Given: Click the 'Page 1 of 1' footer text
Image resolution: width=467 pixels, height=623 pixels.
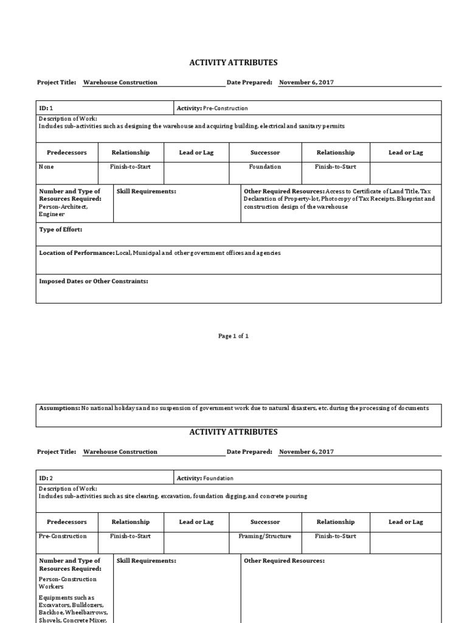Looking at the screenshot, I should tap(233, 336).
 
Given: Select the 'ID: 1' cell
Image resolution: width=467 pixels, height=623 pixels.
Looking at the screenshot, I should tap(46, 108).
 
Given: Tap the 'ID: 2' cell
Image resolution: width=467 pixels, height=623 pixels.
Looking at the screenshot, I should tap(46, 478).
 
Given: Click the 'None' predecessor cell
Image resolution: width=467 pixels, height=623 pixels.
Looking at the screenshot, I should tap(46, 167).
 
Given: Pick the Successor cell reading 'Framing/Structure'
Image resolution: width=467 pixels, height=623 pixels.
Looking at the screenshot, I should tap(265, 537).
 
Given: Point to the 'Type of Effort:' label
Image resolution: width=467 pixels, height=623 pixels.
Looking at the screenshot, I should tap(60, 229).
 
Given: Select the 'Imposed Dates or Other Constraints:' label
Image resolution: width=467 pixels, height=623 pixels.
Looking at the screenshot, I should tap(93, 282).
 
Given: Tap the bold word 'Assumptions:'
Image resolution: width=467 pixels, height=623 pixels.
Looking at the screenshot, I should tap(59, 408).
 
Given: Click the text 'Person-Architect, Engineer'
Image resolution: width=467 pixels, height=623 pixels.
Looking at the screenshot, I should tap(63, 211).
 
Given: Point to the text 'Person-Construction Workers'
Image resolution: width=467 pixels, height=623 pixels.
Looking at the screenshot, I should tap(68, 583).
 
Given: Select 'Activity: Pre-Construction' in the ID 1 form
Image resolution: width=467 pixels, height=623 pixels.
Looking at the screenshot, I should tap(212, 108).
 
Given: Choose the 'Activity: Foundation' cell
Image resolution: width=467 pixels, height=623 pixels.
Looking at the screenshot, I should tap(205, 478).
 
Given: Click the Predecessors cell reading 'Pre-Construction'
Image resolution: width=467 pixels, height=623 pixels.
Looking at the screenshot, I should tap(63, 537).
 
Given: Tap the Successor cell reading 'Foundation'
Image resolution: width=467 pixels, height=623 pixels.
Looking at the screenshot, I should tap(265, 167).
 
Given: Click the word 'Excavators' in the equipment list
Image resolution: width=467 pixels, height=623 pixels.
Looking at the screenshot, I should tap(55, 606).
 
